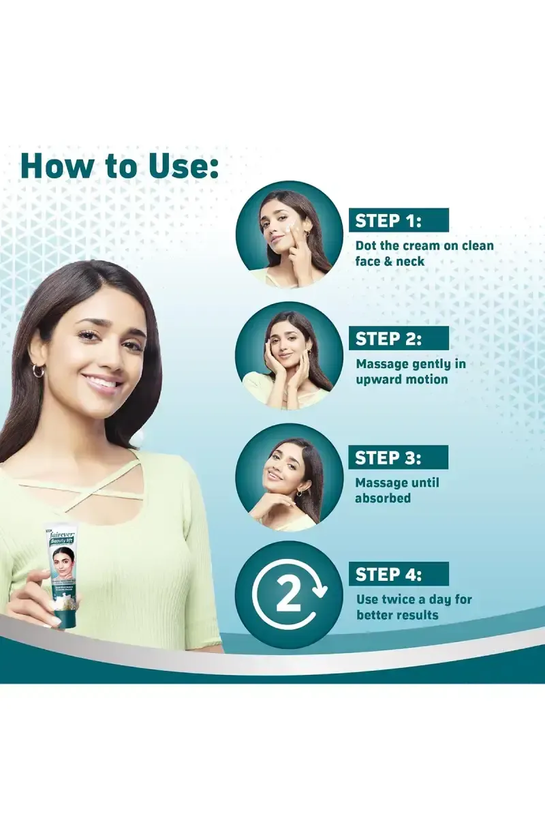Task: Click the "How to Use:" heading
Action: tap(120, 166)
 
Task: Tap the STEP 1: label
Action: tap(389, 221)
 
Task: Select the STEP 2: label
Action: tap(389, 339)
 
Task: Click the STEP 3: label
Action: tap(389, 457)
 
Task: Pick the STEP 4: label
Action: tap(389, 574)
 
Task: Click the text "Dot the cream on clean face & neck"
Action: tap(424, 254)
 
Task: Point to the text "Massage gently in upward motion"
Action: tap(411, 372)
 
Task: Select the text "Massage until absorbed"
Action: tap(397, 490)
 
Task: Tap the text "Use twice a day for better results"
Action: tap(414, 607)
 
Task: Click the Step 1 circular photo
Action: tap(289, 234)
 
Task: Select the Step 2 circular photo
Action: tap(289, 356)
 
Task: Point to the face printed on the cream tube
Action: tap(63, 558)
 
